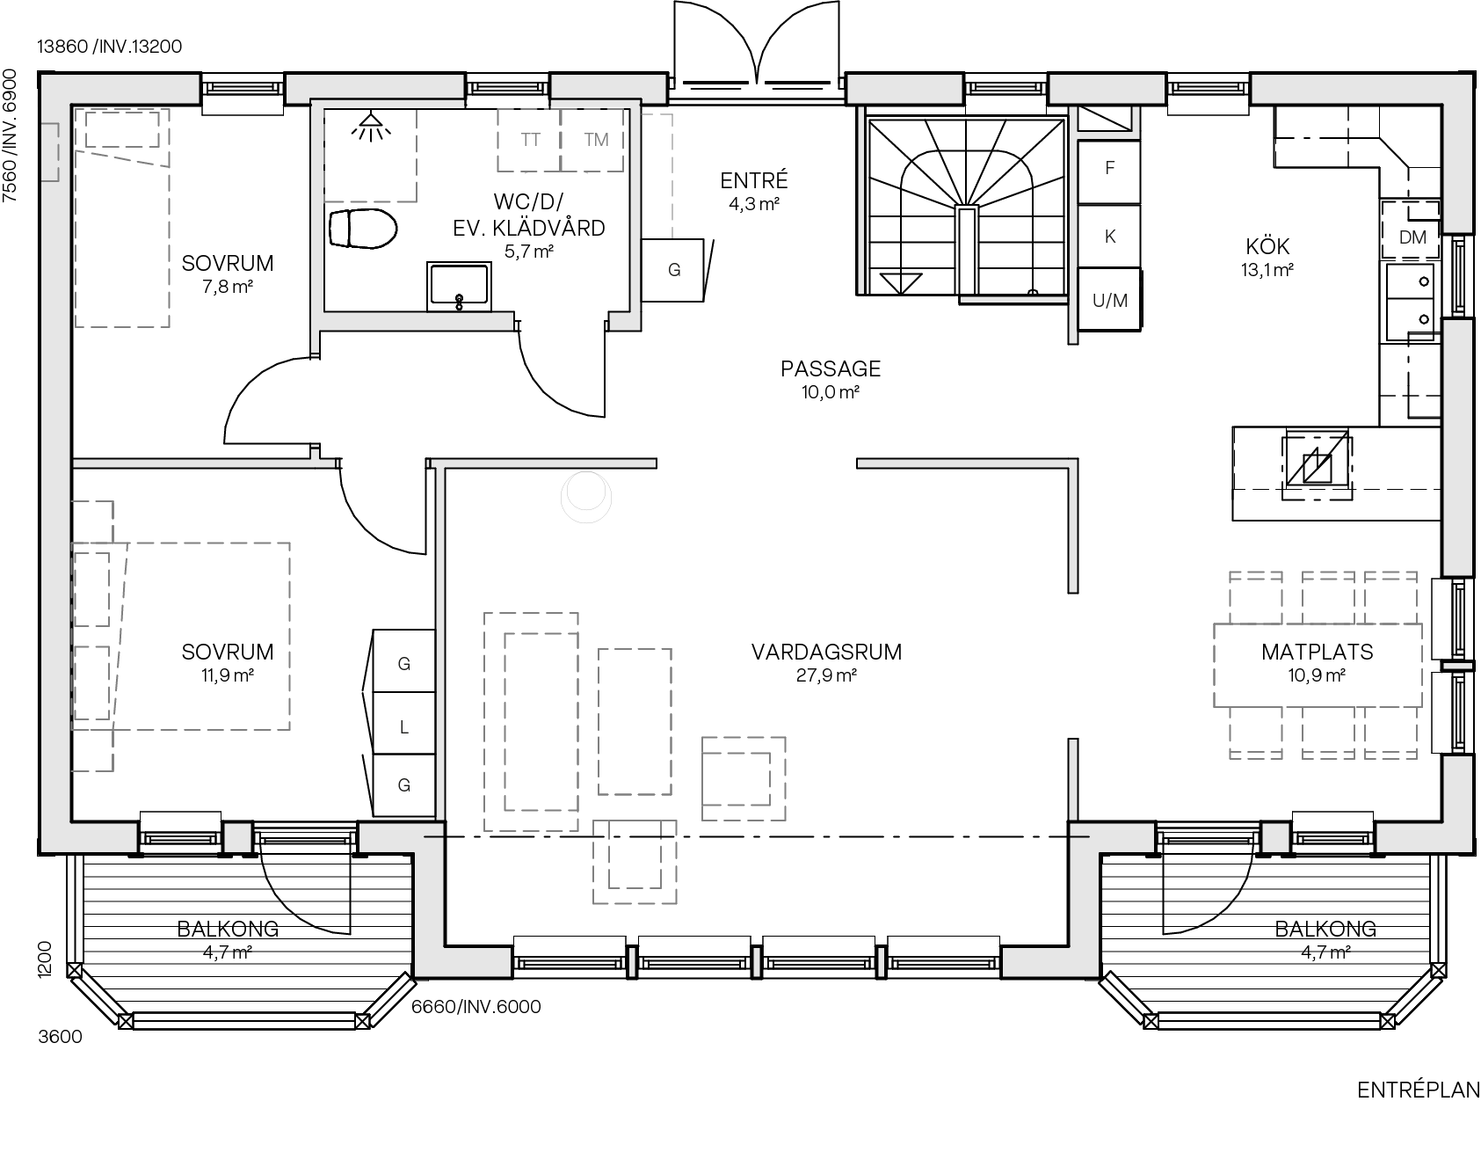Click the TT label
tap(530, 140)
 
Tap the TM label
tap(596, 140)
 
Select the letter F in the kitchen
tap(1110, 168)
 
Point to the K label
tap(1110, 237)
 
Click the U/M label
tap(1109, 301)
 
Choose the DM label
tap(1412, 237)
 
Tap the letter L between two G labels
tap(404, 727)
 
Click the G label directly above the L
tap(404, 664)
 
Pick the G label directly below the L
tap(404, 785)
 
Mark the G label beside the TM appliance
tap(674, 270)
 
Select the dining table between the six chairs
tap(1318, 665)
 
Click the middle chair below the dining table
tap(1328, 732)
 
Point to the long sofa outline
tap(531, 722)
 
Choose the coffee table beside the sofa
tap(635, 722)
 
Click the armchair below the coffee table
tap(635, 862)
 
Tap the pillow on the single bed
tap(122, 128)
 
